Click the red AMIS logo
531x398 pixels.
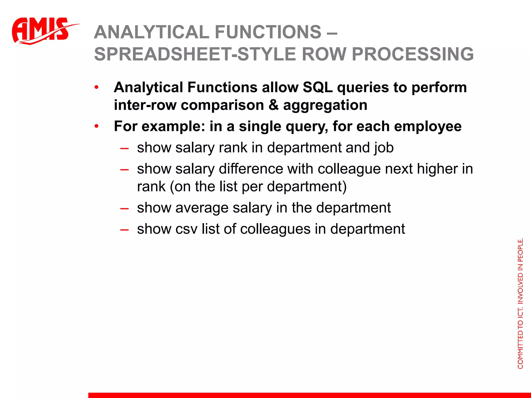[x=41, y=31]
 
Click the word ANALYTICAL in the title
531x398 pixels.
[x=151, y=32]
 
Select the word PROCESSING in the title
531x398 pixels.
[x=413, y=54]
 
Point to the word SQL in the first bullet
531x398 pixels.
[x=318, y=87]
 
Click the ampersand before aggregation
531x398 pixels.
[x=273, y=105]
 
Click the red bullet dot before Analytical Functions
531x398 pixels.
[x=96, y=87]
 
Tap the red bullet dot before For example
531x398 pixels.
[x=96, y=126]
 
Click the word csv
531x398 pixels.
[x=186, y=229]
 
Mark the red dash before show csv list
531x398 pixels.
[x=124, y=230]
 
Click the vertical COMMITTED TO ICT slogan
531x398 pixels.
[x=520, y=303]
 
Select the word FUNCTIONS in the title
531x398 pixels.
[x=268, y=32]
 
